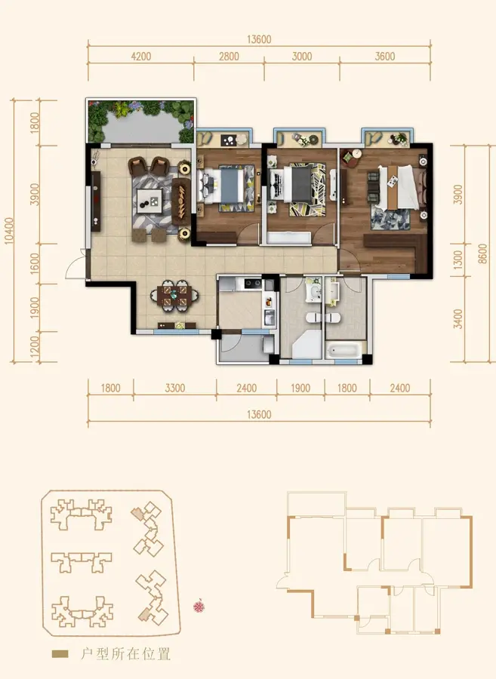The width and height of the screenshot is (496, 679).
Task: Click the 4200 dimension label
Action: pos(140,57)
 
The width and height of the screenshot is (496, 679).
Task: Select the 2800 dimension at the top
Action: pos(229,57)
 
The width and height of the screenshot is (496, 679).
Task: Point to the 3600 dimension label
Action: pos(385,57)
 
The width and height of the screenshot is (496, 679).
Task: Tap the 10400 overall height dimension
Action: pos(9,232)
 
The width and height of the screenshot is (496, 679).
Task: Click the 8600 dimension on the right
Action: pos(482,253)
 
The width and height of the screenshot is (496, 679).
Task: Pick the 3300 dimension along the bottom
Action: pos(174,388)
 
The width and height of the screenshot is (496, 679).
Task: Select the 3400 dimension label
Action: pos(457,319)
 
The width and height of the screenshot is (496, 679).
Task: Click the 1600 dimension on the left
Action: pos(35,263)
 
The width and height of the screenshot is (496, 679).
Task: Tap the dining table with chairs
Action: pos(175,296)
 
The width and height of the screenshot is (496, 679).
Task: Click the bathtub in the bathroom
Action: pos(344,350)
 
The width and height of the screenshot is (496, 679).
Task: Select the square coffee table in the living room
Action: pos(149,201)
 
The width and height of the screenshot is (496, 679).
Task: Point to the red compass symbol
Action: pos(199,606)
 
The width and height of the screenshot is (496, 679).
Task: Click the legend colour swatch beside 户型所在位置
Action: pos(60,654)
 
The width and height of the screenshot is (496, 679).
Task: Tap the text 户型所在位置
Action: pos(125,654)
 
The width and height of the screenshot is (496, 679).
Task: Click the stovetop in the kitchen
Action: pos(253,284)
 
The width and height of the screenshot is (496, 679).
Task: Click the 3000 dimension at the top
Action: pos(302,57)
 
